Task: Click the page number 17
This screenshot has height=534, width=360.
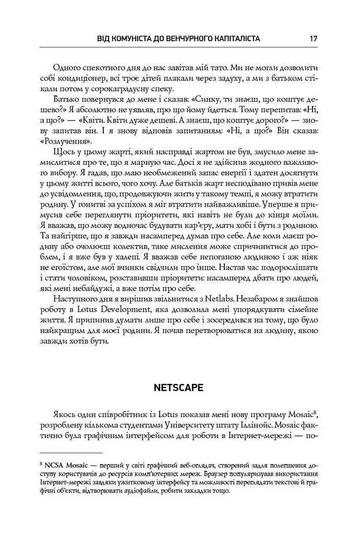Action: click(313, 39)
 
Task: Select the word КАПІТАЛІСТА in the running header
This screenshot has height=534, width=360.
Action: click(232, 39)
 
